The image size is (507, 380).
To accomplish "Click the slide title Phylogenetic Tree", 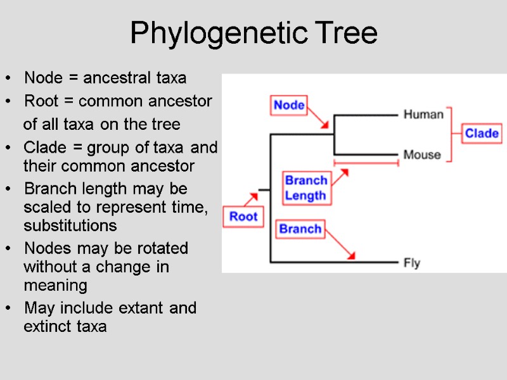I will (x=253, y=33).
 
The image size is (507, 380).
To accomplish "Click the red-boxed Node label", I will (x=289, y=105).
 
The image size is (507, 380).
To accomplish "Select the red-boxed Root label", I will (x=243, y=217).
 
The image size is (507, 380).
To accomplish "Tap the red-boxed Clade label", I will (x=482, y=134).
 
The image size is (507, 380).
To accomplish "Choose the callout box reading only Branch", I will (x=300, y=229).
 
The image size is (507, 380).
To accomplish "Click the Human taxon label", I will (x=423, y=115).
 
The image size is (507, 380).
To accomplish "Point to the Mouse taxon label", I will (x=422, y=155).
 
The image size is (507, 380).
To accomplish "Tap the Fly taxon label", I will (x=412, y=262).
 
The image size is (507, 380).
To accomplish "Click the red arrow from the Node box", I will (x=319, y=119).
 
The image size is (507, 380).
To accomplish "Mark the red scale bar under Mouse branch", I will (x=366, y=163).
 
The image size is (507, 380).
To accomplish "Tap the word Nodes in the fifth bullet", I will (x=43, y=248).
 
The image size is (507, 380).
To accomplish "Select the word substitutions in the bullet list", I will (x=70, y=225).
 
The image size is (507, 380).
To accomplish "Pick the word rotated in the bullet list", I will (x=158, y=248).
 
